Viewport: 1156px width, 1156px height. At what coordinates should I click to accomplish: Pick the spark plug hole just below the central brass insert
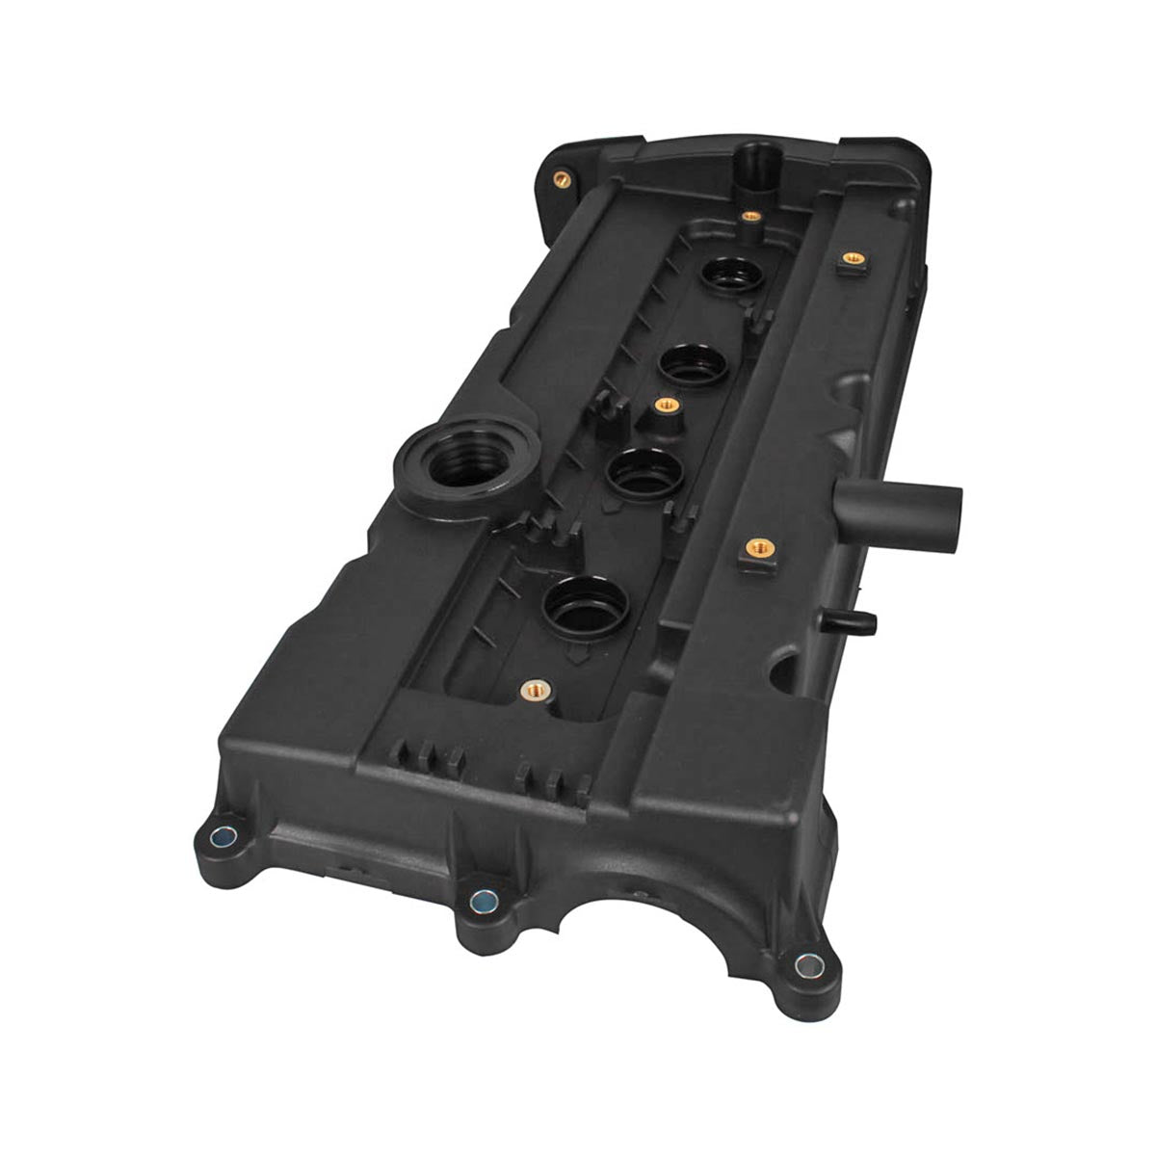(x=645, y=469)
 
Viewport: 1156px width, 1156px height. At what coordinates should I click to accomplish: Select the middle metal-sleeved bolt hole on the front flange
(x=480, y=901)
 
